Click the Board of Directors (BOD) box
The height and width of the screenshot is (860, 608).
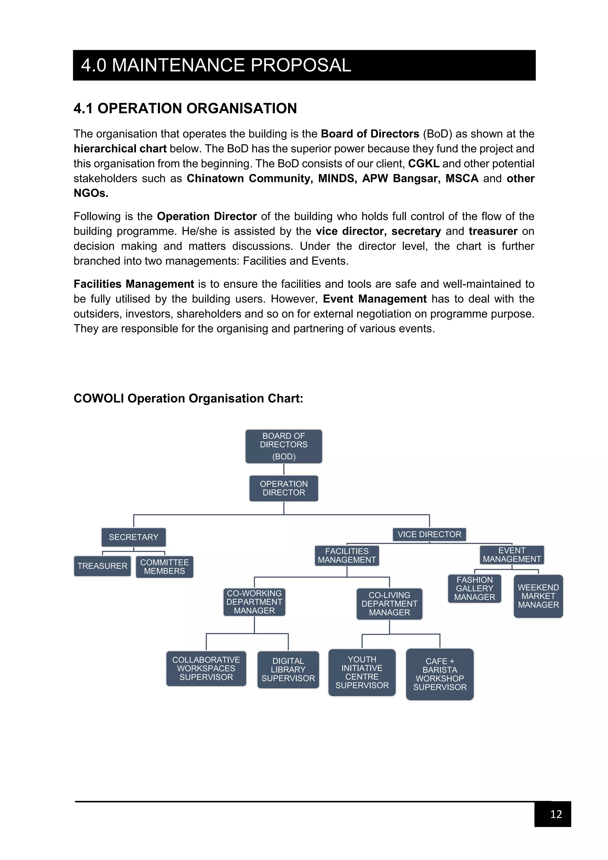[284, 446]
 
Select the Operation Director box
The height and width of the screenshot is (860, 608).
[284, 488]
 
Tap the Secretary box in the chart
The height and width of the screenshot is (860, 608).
[133, 537]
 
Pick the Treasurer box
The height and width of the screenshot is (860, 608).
[102, 566]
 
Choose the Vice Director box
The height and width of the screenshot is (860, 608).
[429, 534]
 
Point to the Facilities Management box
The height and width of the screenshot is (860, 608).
[347, 556]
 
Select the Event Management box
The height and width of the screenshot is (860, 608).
[512, 555]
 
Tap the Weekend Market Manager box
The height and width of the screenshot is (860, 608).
[538, 596]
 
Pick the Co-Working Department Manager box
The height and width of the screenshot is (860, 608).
[254, 602]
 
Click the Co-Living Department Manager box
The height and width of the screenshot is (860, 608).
[389, 604]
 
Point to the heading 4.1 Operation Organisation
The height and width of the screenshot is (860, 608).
[185, 108]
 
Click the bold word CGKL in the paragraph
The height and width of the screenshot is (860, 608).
[423, 164]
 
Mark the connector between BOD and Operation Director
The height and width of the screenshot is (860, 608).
[284, 469]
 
